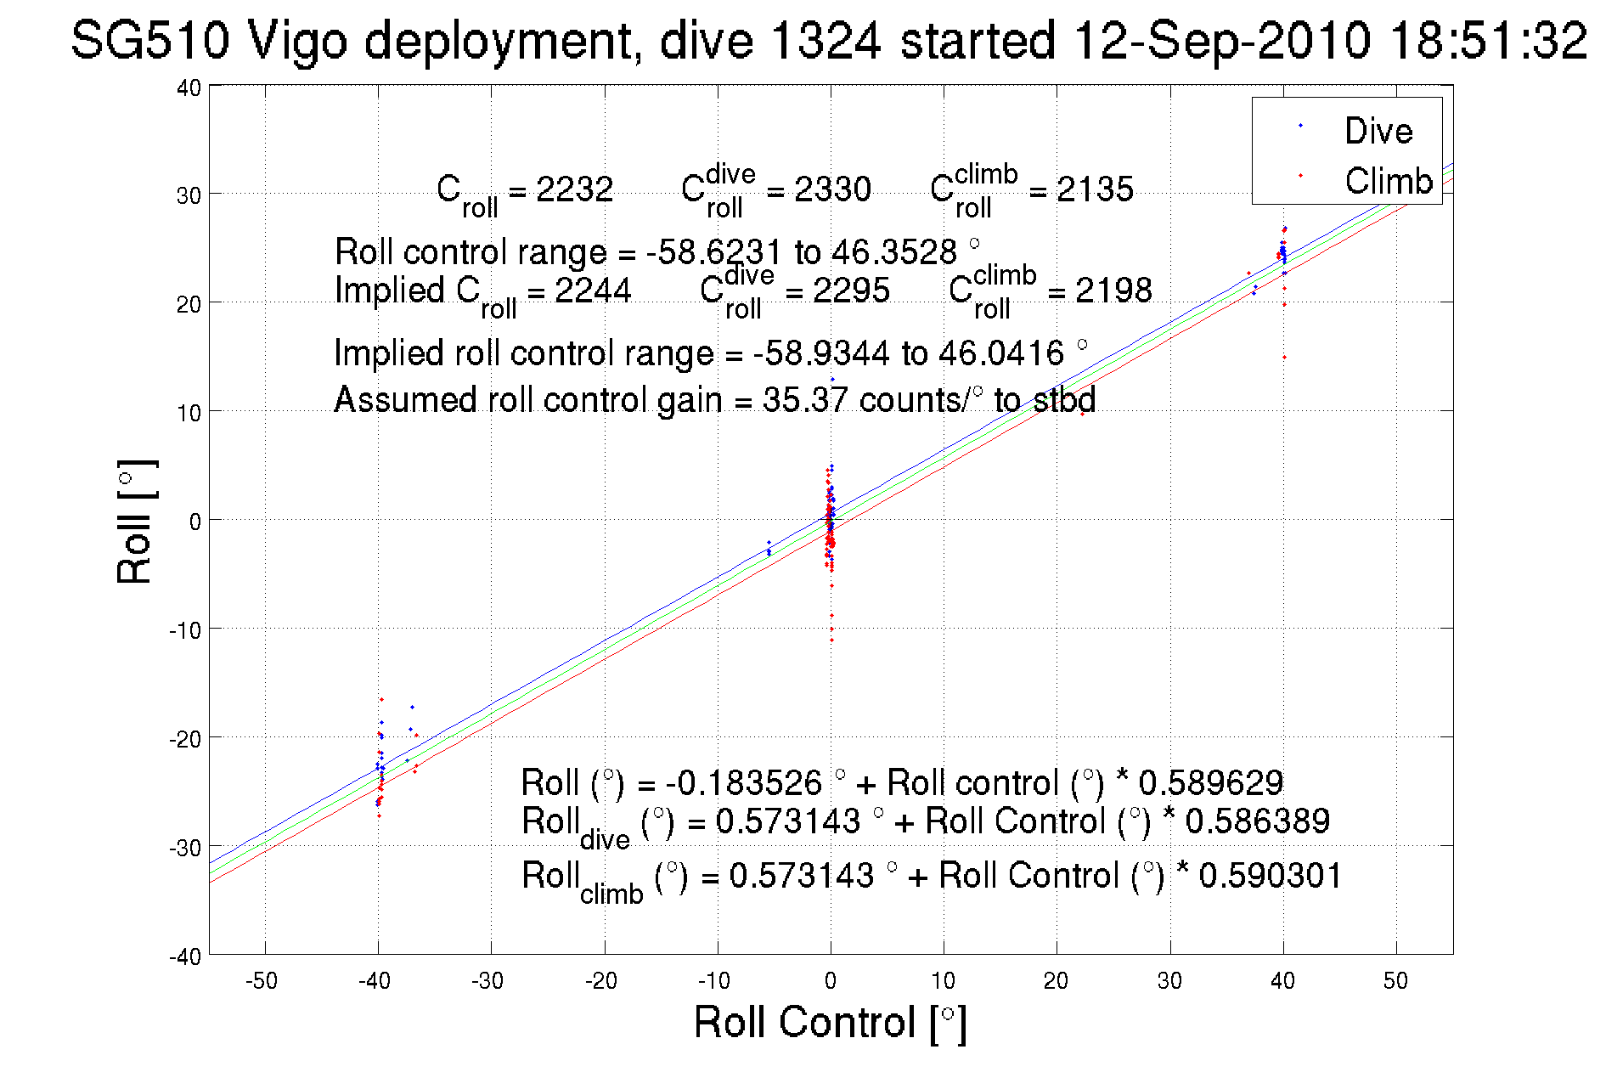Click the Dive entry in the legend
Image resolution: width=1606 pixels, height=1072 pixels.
coord(1378,131)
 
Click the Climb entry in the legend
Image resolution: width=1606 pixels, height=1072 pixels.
coord(1388,181)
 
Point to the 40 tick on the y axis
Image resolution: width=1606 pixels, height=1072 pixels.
coord(189,87)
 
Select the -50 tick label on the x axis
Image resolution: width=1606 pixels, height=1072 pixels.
coord(261,981)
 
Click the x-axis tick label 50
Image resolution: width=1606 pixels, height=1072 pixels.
coord(1395,981)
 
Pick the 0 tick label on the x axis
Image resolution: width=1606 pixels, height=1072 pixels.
coord(831,981)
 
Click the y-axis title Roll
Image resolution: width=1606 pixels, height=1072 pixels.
coord(135,522)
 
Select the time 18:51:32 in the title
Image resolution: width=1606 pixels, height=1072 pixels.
coord(1488,40)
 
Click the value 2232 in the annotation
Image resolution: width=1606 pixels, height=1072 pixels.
coord(575,189)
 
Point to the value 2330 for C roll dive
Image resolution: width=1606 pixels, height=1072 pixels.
coord(832,189)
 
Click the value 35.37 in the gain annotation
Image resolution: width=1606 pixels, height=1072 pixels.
coord(806,399)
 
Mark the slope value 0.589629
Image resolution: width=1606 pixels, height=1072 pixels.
coord(1210,782)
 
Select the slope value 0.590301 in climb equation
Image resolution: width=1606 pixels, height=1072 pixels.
coord(1270,876)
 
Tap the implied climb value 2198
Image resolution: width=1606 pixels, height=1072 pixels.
coord(1113,291)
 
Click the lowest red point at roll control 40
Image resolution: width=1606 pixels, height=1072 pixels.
coord(1284,358)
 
